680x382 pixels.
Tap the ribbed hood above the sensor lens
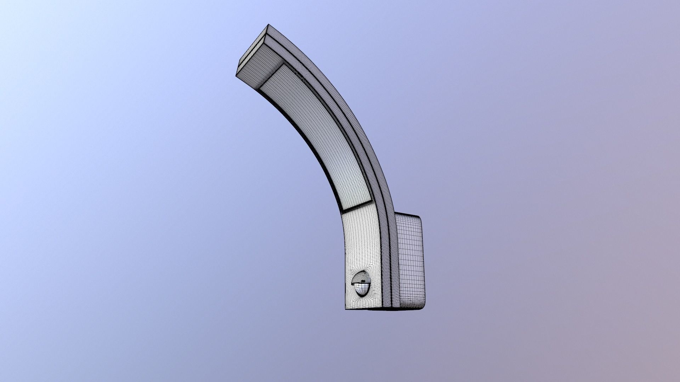coord(360,277)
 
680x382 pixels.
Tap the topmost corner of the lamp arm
coord(268,25)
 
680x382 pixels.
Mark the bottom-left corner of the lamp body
coord(346,309)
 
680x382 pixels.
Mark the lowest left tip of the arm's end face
coord(236,75)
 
